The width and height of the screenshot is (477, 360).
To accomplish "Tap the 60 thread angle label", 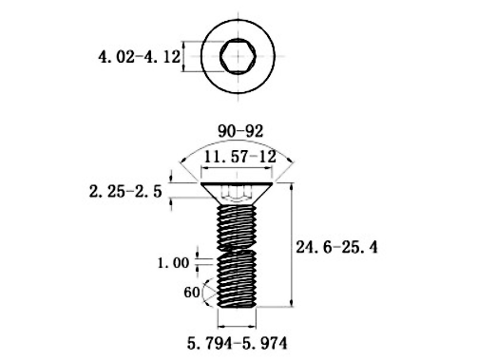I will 190,293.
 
